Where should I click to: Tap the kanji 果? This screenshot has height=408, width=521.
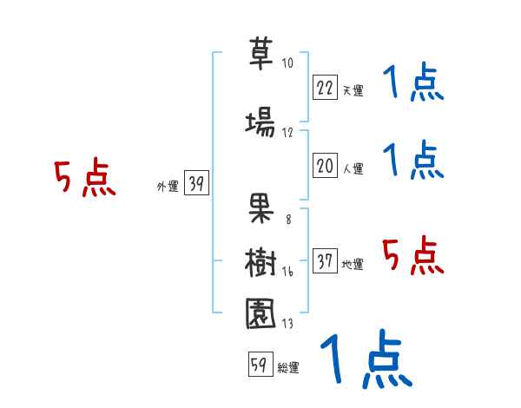point(260,207)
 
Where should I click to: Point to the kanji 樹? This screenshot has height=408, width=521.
point(260,260)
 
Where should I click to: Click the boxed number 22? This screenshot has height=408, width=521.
point(326,87)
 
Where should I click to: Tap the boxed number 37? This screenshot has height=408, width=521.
point(326,261)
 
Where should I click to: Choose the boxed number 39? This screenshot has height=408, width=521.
point(196,183)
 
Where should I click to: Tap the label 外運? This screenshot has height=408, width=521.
point(168,186)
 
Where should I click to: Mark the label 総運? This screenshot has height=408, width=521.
point(287,368)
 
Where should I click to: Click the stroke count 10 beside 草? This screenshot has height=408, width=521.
point(287,63)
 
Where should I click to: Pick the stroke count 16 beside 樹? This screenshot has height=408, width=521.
point(287,272)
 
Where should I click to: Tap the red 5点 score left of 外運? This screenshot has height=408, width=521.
point(84,178)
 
